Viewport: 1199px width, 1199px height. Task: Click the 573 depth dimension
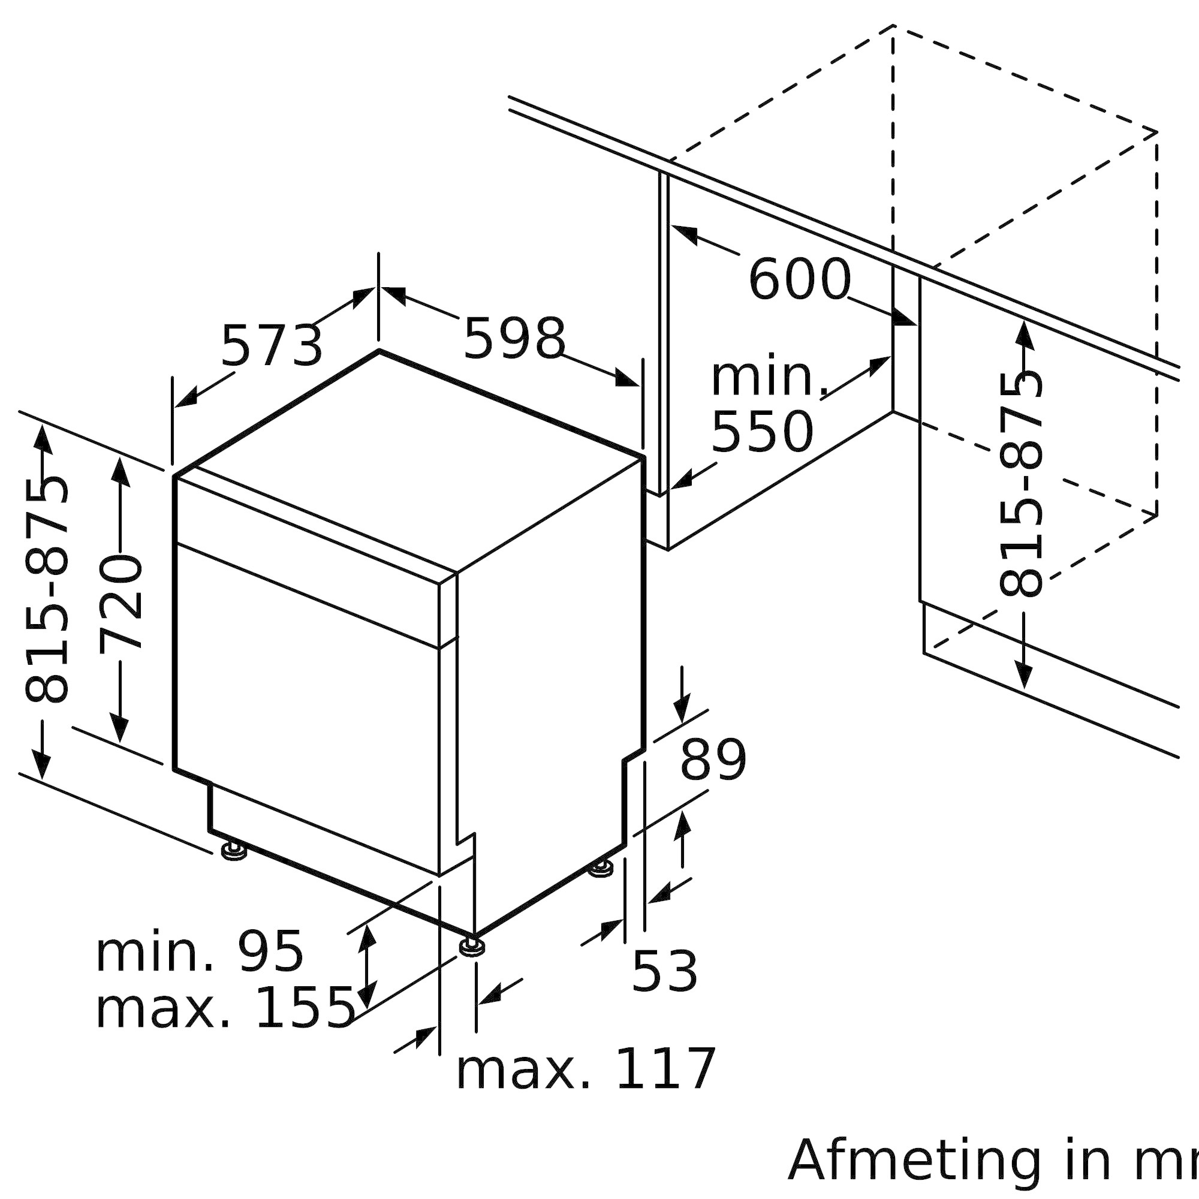point(272,346)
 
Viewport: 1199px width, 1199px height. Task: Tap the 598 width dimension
point(514,338)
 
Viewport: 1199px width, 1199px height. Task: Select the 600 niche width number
point(799,280)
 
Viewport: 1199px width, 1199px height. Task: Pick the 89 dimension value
point(713,760)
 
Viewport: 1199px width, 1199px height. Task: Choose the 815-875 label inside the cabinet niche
point(1021,484)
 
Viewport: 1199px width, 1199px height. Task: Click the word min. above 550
point(770,378)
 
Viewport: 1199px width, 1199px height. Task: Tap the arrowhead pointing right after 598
point(627,378)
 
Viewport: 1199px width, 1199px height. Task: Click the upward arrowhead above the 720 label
point(120,472)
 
